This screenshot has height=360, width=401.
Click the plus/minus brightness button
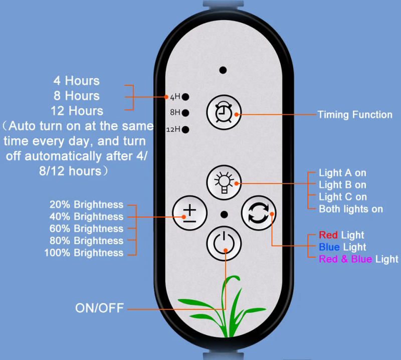(189, 213)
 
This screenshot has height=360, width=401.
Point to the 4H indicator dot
(185, 96)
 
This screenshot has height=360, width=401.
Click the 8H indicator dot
(185, 113)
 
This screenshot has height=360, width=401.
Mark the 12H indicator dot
(185, 129)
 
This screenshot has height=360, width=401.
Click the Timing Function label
(355, 115)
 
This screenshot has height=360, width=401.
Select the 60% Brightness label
(86, 229)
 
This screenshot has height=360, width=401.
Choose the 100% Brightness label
(84, 253)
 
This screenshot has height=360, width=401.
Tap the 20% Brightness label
(86, 205)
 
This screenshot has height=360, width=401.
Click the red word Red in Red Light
(328, 235)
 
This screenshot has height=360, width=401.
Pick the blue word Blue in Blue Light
(329, 247)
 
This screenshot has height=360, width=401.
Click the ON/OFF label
(99, 308)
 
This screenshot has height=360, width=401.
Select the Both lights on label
(351, 209)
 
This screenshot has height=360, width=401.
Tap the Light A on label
(342, 173)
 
